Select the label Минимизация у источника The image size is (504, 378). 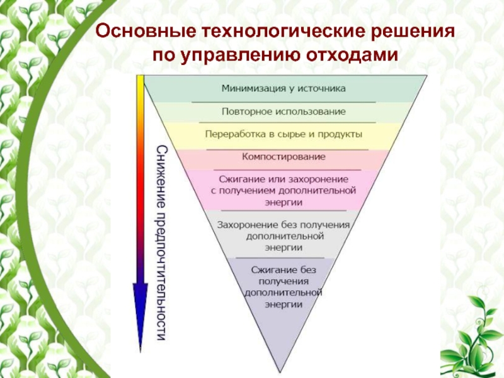(283, 89)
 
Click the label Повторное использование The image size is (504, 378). (283, 112)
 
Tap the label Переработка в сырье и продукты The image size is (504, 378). (283, 134)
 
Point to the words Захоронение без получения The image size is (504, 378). (283, 224)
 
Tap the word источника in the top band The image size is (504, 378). (323, 89)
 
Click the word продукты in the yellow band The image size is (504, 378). (343, 134)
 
